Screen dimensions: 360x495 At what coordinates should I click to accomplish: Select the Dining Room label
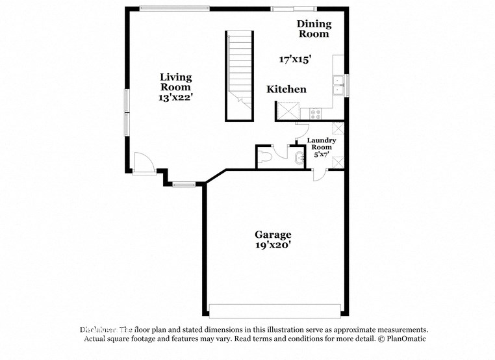click(x=314, y=29)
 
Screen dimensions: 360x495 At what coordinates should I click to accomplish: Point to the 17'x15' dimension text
click(x=296, y=58)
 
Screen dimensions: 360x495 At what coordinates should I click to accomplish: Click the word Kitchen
click(x=286, y=89)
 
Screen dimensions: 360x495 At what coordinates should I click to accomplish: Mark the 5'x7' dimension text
click(x=322, y=155)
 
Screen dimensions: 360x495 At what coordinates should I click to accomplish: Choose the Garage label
click(x=272, y=235)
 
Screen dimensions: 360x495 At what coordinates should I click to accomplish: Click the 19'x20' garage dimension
click(x=272, y=246)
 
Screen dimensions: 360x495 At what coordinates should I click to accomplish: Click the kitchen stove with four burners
click(x=316, y=113)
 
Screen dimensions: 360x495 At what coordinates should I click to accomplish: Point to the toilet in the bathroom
click(x=265, y=156)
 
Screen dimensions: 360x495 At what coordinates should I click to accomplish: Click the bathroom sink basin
click(x=299, y=158)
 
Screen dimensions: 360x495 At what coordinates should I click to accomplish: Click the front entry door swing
click(x=142, y=162)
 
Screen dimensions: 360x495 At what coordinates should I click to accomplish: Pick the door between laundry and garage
click(x=318, y=174)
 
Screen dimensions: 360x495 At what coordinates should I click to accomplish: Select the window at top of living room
click(x=174, y=8)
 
